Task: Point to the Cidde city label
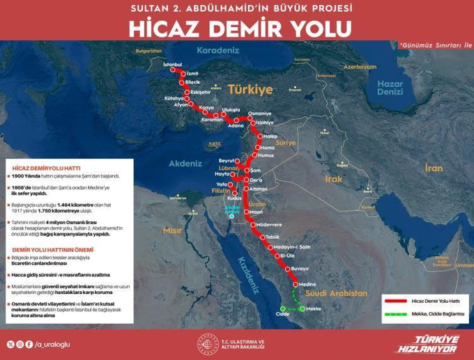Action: (282, 314)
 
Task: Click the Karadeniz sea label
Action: (217, 50)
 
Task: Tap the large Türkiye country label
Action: (249, 90)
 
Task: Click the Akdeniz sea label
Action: (185, 164)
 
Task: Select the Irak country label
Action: (333, 179)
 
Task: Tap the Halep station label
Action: (270, 136)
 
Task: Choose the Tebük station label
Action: (272, 237)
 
